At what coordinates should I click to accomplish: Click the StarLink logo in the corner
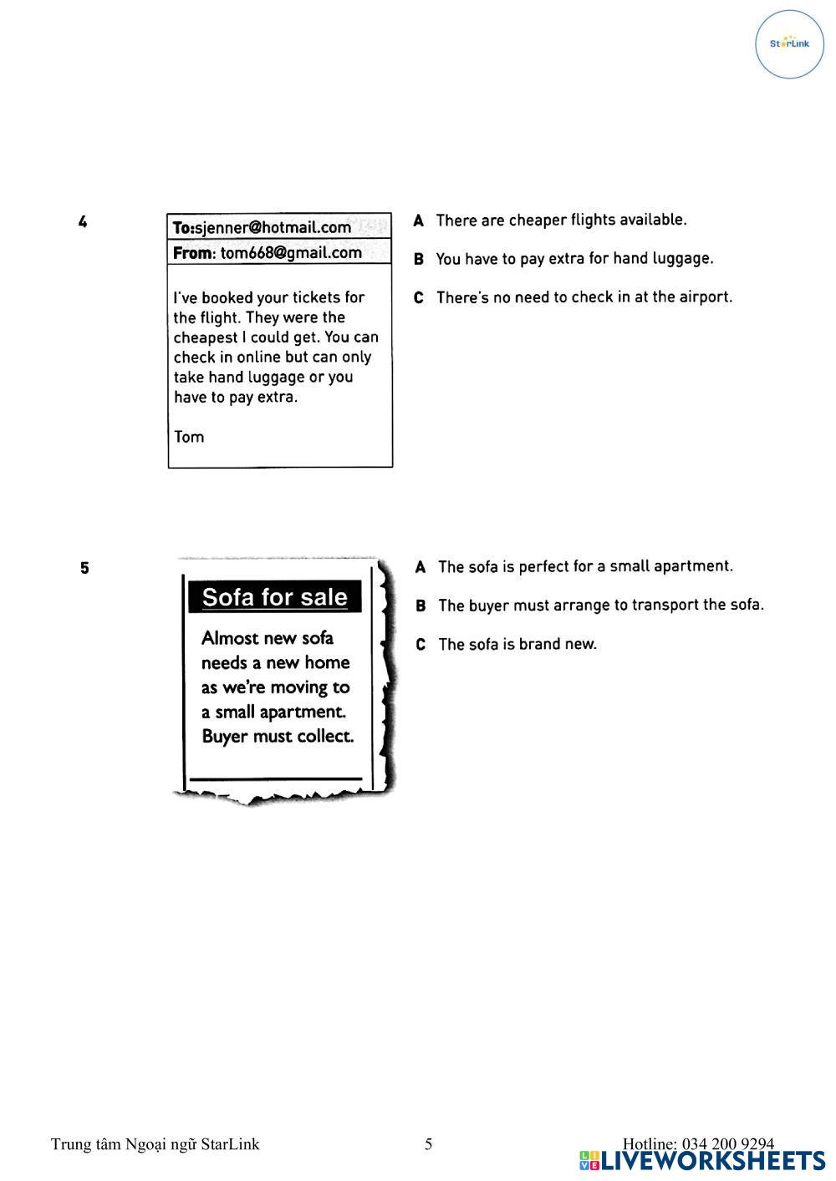789,44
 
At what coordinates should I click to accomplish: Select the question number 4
83,222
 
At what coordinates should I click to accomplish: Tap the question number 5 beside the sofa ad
84,569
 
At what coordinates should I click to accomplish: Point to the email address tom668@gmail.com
291,253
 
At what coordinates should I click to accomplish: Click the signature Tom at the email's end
189,437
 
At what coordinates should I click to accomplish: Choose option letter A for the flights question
419,220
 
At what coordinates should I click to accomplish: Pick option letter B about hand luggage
419,260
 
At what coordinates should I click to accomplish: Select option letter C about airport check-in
419,298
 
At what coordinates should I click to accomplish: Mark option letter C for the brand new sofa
421,645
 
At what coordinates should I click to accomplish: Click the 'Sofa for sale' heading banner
275,597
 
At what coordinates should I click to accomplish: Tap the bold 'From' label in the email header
193,253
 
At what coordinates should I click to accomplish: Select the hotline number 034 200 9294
727,1143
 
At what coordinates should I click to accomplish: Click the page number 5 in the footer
429,1144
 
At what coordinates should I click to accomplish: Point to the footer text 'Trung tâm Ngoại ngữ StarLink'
155,1144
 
